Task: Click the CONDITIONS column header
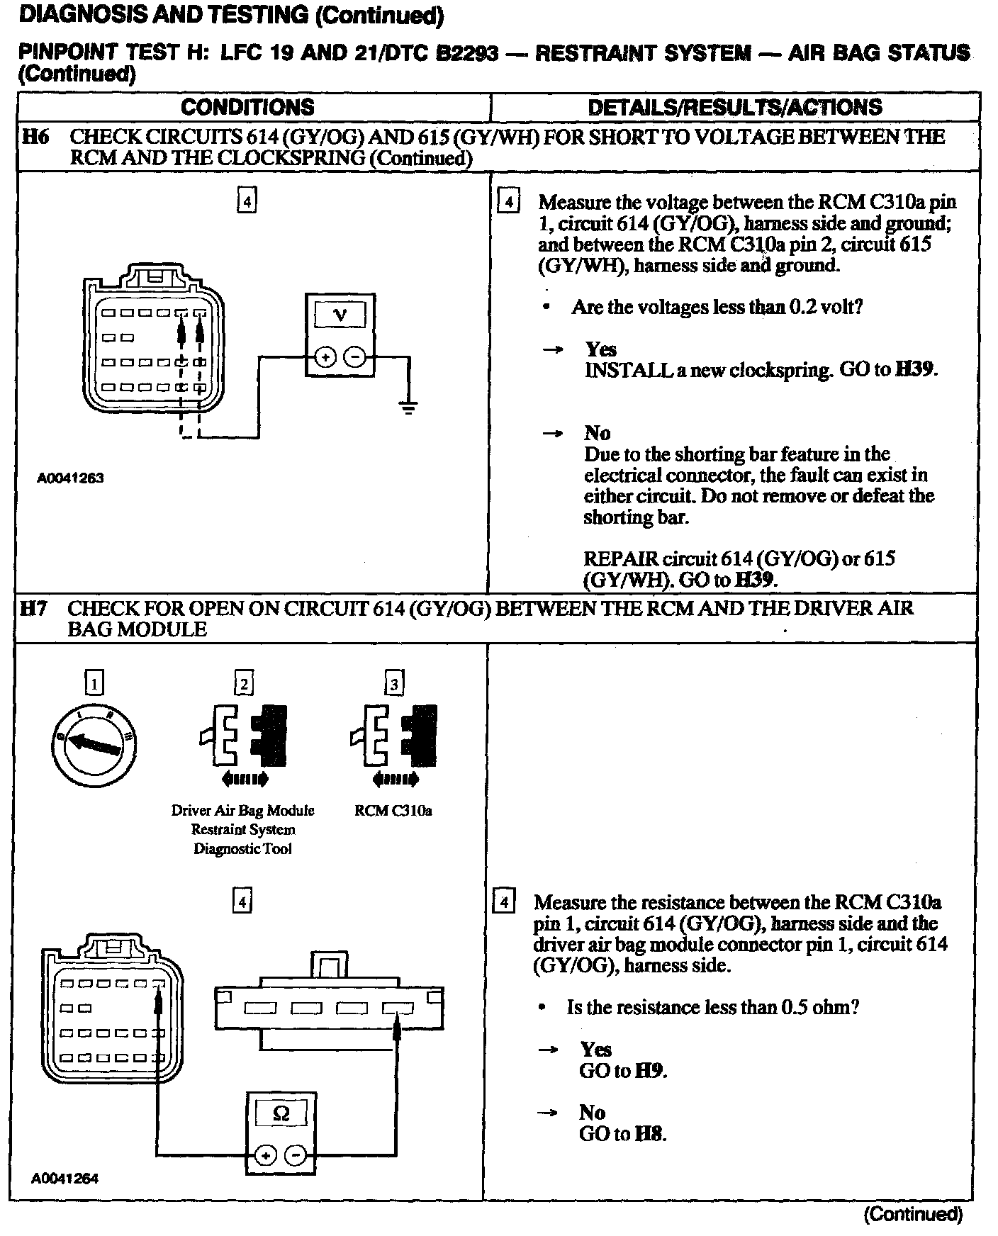point(247,108)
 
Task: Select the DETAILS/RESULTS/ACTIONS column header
point(735,108)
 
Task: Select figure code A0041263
point(70,478)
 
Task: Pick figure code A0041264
point(65,1179)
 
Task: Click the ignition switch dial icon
point(94,743)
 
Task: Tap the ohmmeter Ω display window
point(281,1115)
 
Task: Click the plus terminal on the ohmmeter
point(265,1157)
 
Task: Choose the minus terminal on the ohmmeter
point(296,1157)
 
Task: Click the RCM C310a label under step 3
point(393,811)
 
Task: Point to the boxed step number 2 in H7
point(243,683)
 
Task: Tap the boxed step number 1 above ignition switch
point(94,683)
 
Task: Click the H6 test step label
point(35,137)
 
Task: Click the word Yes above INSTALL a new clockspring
point(600,349)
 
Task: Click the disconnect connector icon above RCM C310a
point(394,741)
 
